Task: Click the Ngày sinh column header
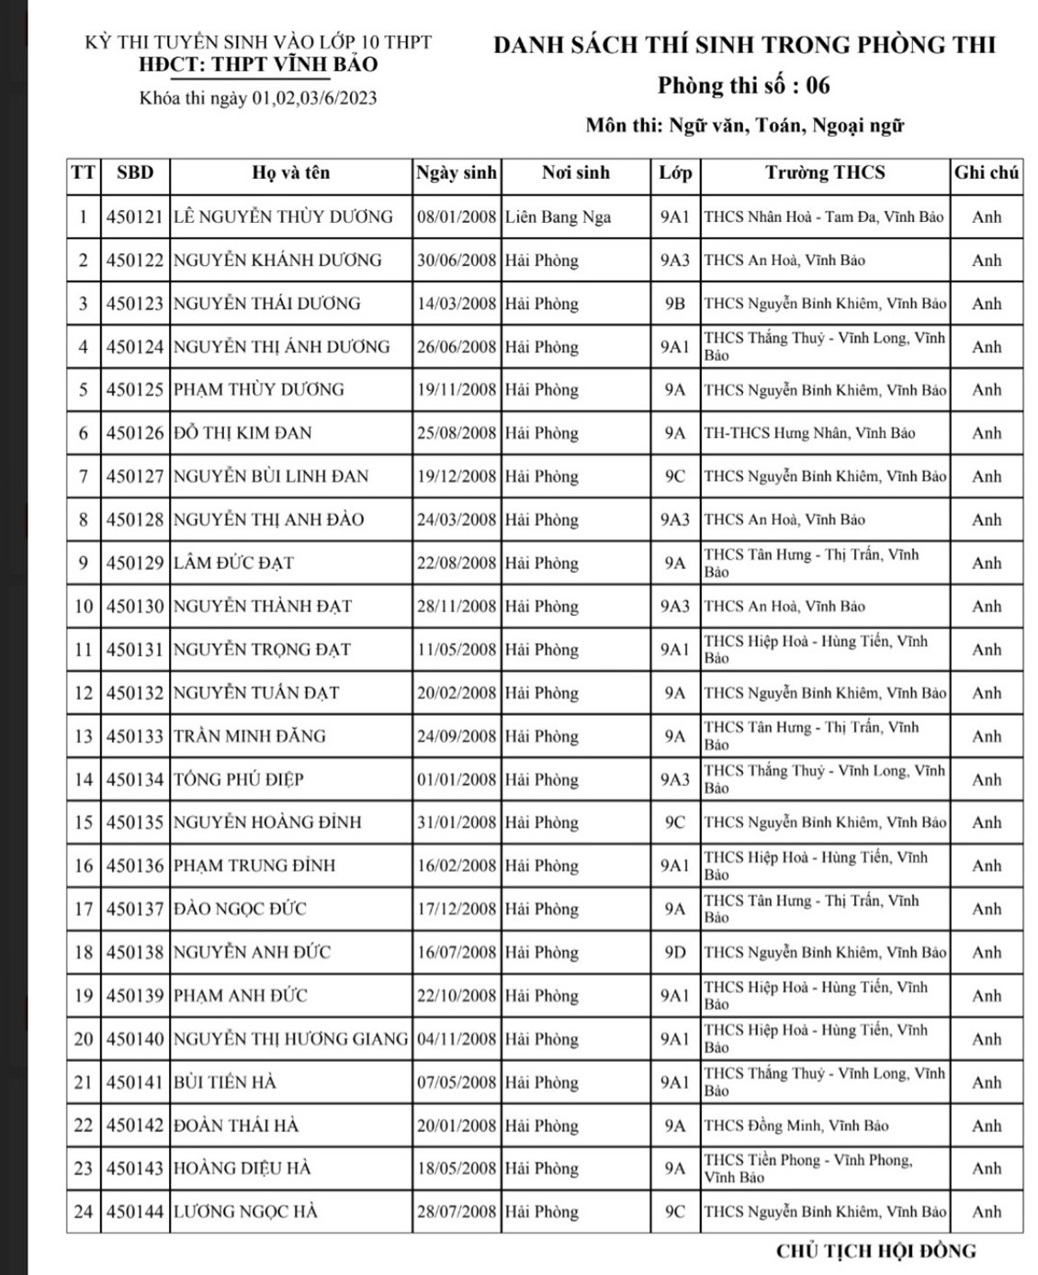[x=456, y=173]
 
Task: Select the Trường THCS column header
[x=825, y=173]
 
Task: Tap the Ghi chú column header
[x=987, y=173]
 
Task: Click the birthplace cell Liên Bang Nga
[x=558, y=218]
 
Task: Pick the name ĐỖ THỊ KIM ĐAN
[x=243, y=433]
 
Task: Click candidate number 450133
[x=134, y=736]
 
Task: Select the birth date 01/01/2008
[x=456, y=779]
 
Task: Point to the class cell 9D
[x=674, y=952]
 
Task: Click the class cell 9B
[x=674, y=304]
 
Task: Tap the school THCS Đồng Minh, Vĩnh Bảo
[x=795, y=1125]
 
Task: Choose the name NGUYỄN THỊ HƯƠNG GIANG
[x=290, y=1039]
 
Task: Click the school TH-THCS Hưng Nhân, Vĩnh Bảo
[x=809, y=433]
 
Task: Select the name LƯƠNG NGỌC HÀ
[x=245, y=1212]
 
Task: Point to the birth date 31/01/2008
[x=456, y=822]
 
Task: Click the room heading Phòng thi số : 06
[x=743, y=85]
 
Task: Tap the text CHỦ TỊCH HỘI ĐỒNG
[x=875, y=1250]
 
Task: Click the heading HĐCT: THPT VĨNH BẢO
[x=258, y=64]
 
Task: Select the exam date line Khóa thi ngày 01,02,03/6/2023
[x=258, y=98]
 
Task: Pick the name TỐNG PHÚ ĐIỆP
[x=238, y=779]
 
